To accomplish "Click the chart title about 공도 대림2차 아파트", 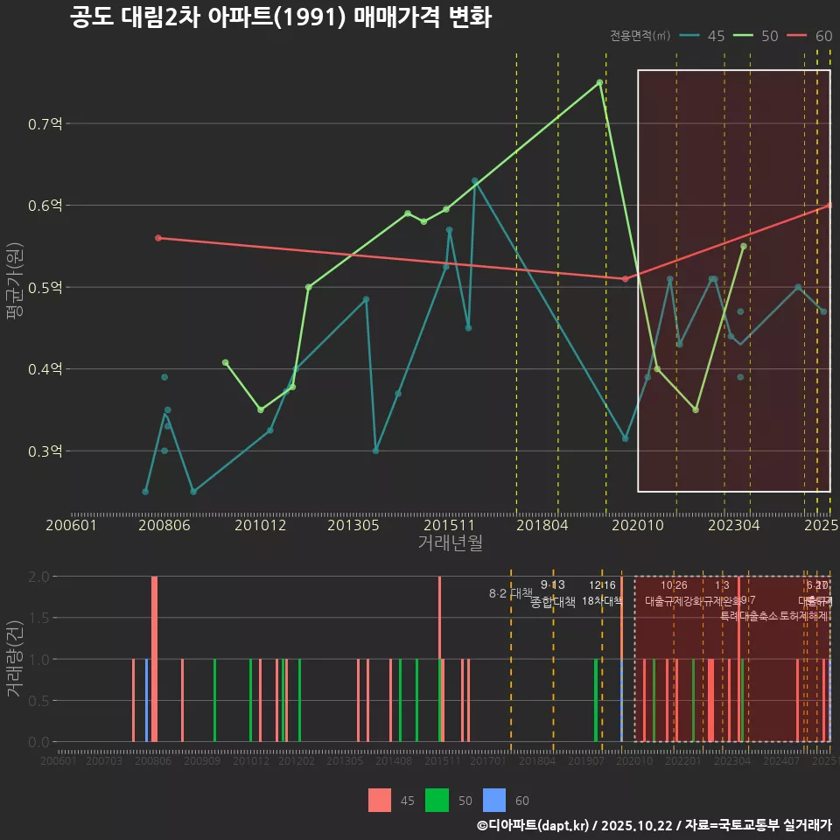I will click(x=280, y=17).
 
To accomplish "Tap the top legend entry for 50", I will click(x=757, y=36).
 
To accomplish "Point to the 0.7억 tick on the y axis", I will click(x=45, y=124).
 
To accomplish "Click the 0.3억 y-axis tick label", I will click(x=45, y=451).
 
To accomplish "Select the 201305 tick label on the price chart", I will click(x=353, y=525).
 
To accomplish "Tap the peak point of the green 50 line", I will click(x=599, y=82).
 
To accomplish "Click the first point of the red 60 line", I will click(x=158, y=238).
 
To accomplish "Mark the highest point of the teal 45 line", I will click(x=475, y=181).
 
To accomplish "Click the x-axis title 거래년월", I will click(x=450, y=543).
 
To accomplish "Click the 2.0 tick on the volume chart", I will click(x=38, y=577).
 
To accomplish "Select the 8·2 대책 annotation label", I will click(x=510, y=593).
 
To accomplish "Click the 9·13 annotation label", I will click(x=553, y=584).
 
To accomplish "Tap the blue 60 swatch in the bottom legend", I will click(x=495, y=800).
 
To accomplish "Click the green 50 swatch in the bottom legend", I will click(x=437, y=800).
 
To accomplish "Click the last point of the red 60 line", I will click(x=829, y=206).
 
